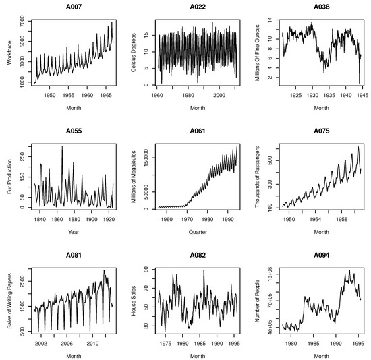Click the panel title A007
tap(66, 7)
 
